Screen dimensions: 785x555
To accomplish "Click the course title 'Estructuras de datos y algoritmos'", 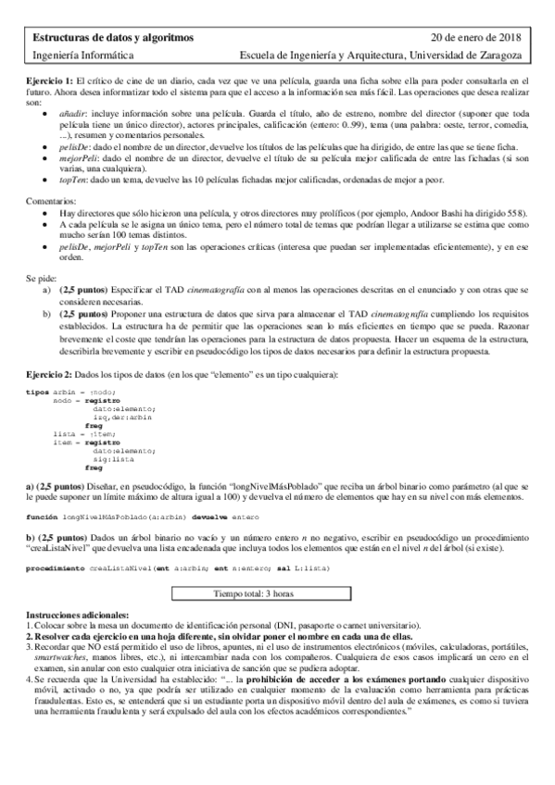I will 113,38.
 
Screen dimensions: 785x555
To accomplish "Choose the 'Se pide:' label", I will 43,275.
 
